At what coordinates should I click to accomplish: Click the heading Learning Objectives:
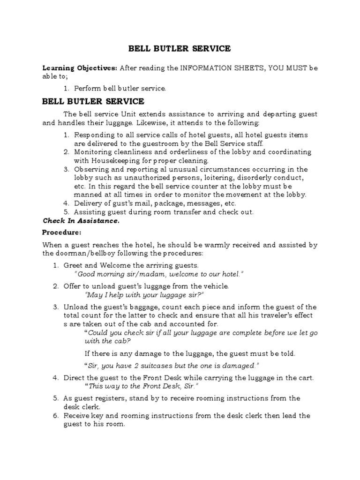coord(80,68)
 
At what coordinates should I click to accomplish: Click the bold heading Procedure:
coord(62,232)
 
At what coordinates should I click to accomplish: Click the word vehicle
coord(216,286)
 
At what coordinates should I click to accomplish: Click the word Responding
coord(92,135)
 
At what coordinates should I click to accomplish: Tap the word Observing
coord(90,169)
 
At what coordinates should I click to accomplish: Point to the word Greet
coord(74,265)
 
